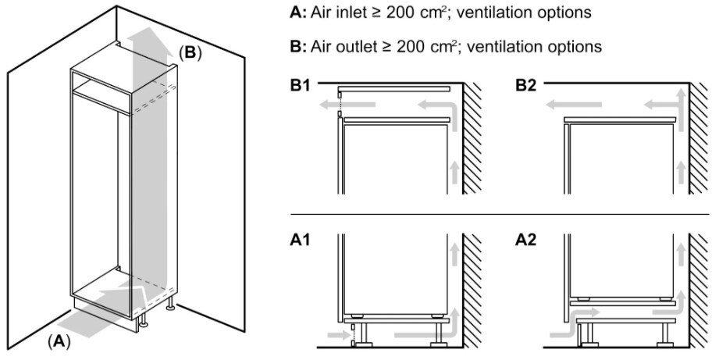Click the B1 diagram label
[x=300, y=85]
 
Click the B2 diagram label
[x=527, y=85]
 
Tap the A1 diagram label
[x=300, y=241]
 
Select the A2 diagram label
[x=527, y=241]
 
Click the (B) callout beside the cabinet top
[x=190, y=53]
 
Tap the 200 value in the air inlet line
[x=400, y=12]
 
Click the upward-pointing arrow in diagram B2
[x=679, y=110]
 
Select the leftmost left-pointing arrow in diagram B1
[x=347, y=105]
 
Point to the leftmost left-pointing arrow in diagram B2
[x=574, y=105]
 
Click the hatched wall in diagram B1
[x=472, y=138]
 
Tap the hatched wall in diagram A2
[x=699, y=291]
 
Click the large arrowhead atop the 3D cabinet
[x=145, y=37]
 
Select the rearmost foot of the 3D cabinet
[x=171, y=305]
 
